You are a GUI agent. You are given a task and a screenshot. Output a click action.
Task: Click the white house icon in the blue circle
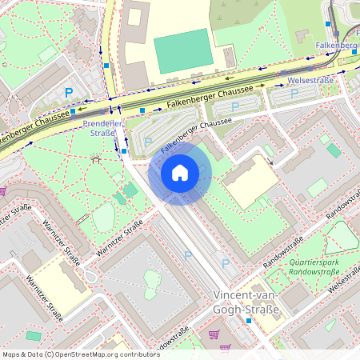coord(180,172)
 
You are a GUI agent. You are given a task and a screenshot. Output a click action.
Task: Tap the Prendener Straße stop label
coord(103,129)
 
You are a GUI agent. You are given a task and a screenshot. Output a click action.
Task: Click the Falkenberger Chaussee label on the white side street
coord(196,136)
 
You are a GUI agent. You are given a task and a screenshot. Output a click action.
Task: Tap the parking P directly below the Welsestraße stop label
coord(294,94)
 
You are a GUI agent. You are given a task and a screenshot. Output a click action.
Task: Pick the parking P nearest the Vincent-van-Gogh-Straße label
coord(225,263)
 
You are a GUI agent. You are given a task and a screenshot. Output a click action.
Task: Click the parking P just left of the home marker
coord(147,142)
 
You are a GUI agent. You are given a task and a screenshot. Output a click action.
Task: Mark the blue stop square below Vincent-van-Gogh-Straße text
coord(249,321)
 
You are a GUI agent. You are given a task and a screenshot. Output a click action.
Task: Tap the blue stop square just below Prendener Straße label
coord(124,150)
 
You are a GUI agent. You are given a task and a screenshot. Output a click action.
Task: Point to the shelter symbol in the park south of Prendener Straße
coord(96,159)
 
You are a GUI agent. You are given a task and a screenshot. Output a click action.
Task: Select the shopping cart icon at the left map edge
coord(2,191)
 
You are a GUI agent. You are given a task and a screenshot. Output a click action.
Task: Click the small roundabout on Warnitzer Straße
coord(90,277)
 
